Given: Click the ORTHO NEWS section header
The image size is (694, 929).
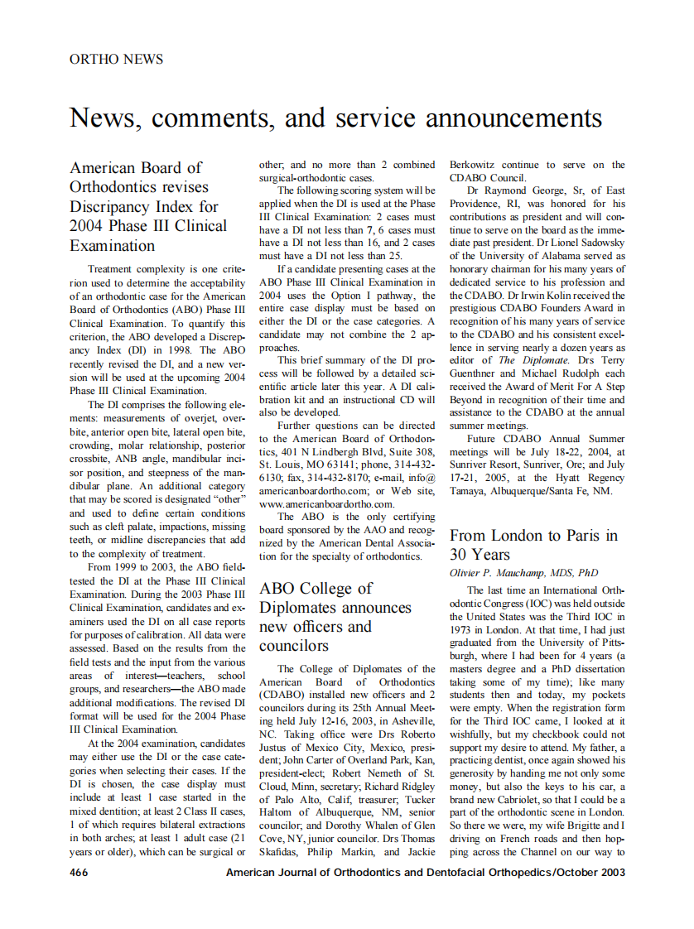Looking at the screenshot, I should (116, 60).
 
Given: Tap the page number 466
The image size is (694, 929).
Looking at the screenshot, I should (79, 873).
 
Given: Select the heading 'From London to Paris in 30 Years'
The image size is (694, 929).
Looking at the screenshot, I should (533, 545).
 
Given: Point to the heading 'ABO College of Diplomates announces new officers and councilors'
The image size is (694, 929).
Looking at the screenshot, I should (335, 617).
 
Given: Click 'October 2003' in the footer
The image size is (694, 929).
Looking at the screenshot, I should (595, 873).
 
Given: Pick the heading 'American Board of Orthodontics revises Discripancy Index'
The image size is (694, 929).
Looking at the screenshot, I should (148, 206).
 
